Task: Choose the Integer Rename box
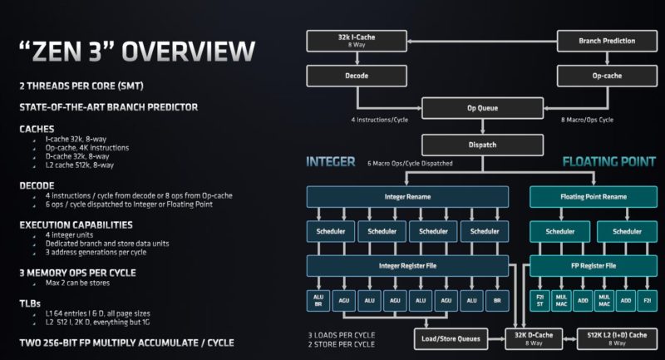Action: [406, 196]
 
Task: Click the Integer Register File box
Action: [406, 266]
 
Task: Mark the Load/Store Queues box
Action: [450, 338]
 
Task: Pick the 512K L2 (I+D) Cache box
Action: [614, 338]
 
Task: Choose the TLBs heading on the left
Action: [32, 303]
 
